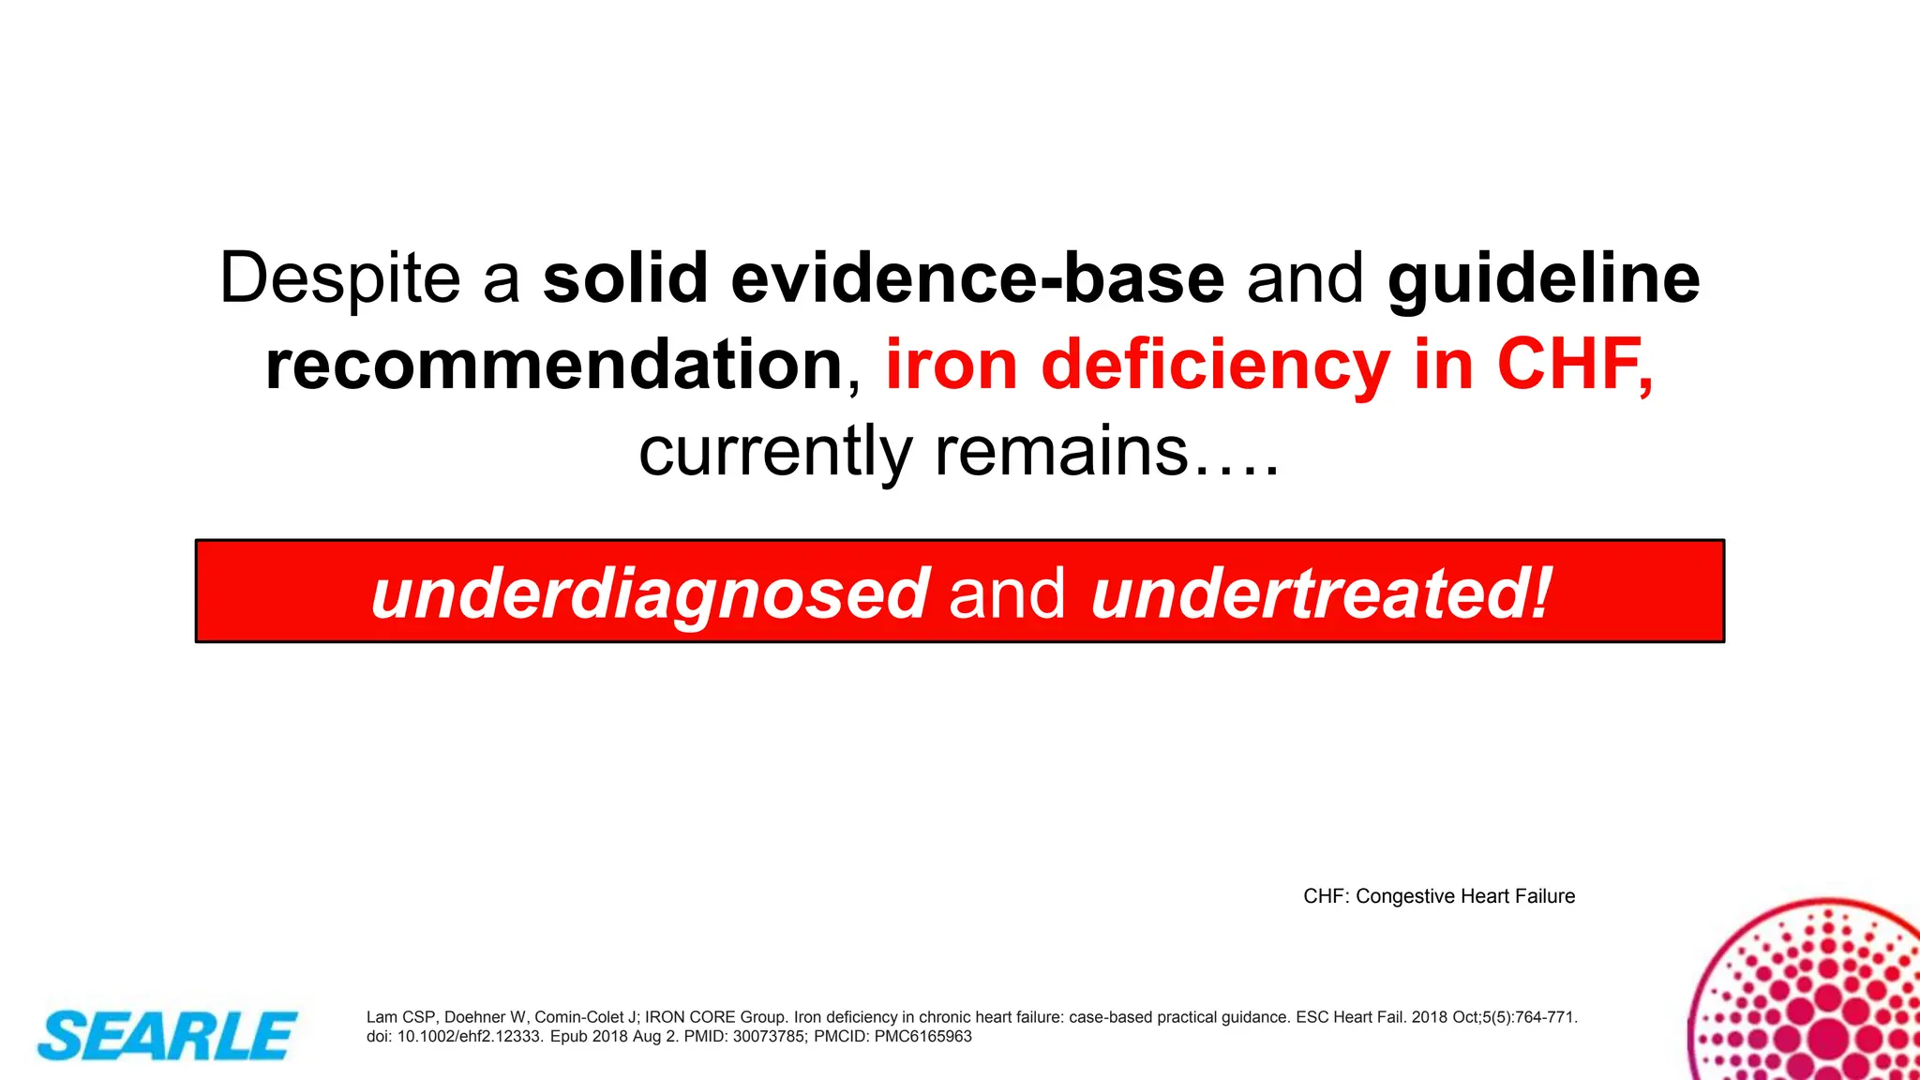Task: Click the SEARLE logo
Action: point(167,1036)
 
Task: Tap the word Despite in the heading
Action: point(340,278)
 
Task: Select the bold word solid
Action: point(625,278)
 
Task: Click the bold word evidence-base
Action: point(977,278)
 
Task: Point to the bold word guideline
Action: point(1543,278)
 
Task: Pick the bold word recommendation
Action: point(554,365)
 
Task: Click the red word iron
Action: point(952,365)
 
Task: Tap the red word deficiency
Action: point(1215,365)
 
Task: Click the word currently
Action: point(775,452)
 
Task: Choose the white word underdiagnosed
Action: point(651,592)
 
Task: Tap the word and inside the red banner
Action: point(1007,592)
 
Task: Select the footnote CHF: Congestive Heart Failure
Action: point(1439,896)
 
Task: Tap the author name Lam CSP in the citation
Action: point(400,1017)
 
